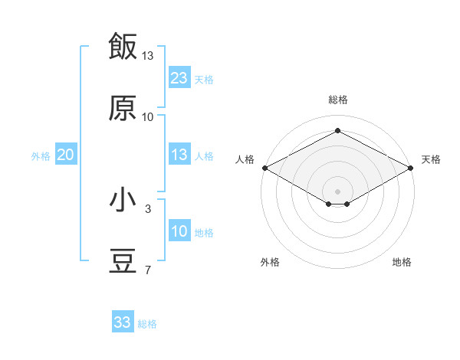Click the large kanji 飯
(x=123, y=46)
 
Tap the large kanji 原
(x=123, y=107)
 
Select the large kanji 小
(x=123, y=199)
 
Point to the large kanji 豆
(x=123, y=260)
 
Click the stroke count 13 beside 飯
(x=147, y=56)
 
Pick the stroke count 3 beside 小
(x=148, y=209)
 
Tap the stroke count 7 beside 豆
(x=148, y=270)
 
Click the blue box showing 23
(x=179, y=77)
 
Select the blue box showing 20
(x=66, y=154)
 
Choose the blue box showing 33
(x=123, y=321)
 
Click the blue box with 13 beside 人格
(x=179, y=154)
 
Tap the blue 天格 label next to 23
(x=204, y=80)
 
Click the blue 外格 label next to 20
(x=41, y=156)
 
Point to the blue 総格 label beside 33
(x=147, y=324)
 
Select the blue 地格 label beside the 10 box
(x=204, y=233)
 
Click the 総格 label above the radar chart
(x=338, y=100)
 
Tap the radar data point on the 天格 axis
(x=411, y=168)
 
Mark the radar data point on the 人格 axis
(x=265, y=168)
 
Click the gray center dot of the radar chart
(x=337, y=191)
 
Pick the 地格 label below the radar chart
(x=402, y=262)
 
